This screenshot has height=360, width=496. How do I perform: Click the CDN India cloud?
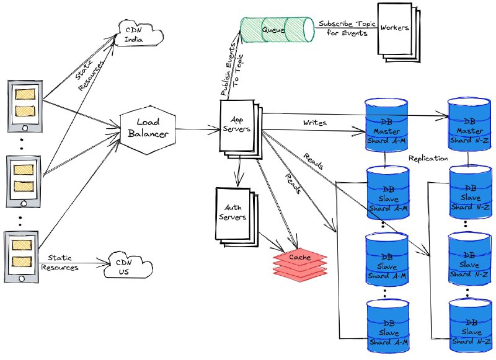pyautogui.click(x=138, y=33)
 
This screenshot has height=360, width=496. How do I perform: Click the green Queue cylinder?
pyautogui.click(x=277, y=30)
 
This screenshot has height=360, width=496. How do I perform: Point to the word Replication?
pyautogui.click(x=428, y=158)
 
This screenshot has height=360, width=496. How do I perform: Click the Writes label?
pyautogui.click(x=315, y=123)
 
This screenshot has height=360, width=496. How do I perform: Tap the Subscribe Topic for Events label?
pyautogui.click(x=347, y=28)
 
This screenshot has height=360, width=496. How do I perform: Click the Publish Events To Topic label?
pyautogui.click(x=232, y=71)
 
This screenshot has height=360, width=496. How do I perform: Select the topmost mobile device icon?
pyautogui.click(x=25, y=106)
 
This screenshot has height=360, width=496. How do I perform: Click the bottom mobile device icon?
pyautogui.click(x=22, y=257)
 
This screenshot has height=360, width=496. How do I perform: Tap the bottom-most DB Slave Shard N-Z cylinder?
pyautogui.click(x=471, y=325)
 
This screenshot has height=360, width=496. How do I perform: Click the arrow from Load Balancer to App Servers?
pyautogui.click(x=198, y=129)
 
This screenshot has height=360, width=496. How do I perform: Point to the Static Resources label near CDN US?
pyautogui.click(x=60, y=263)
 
